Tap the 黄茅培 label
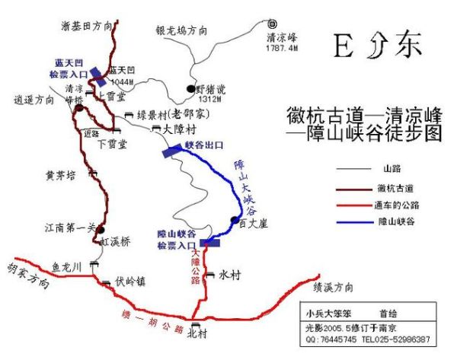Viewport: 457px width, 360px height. [61, 175]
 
